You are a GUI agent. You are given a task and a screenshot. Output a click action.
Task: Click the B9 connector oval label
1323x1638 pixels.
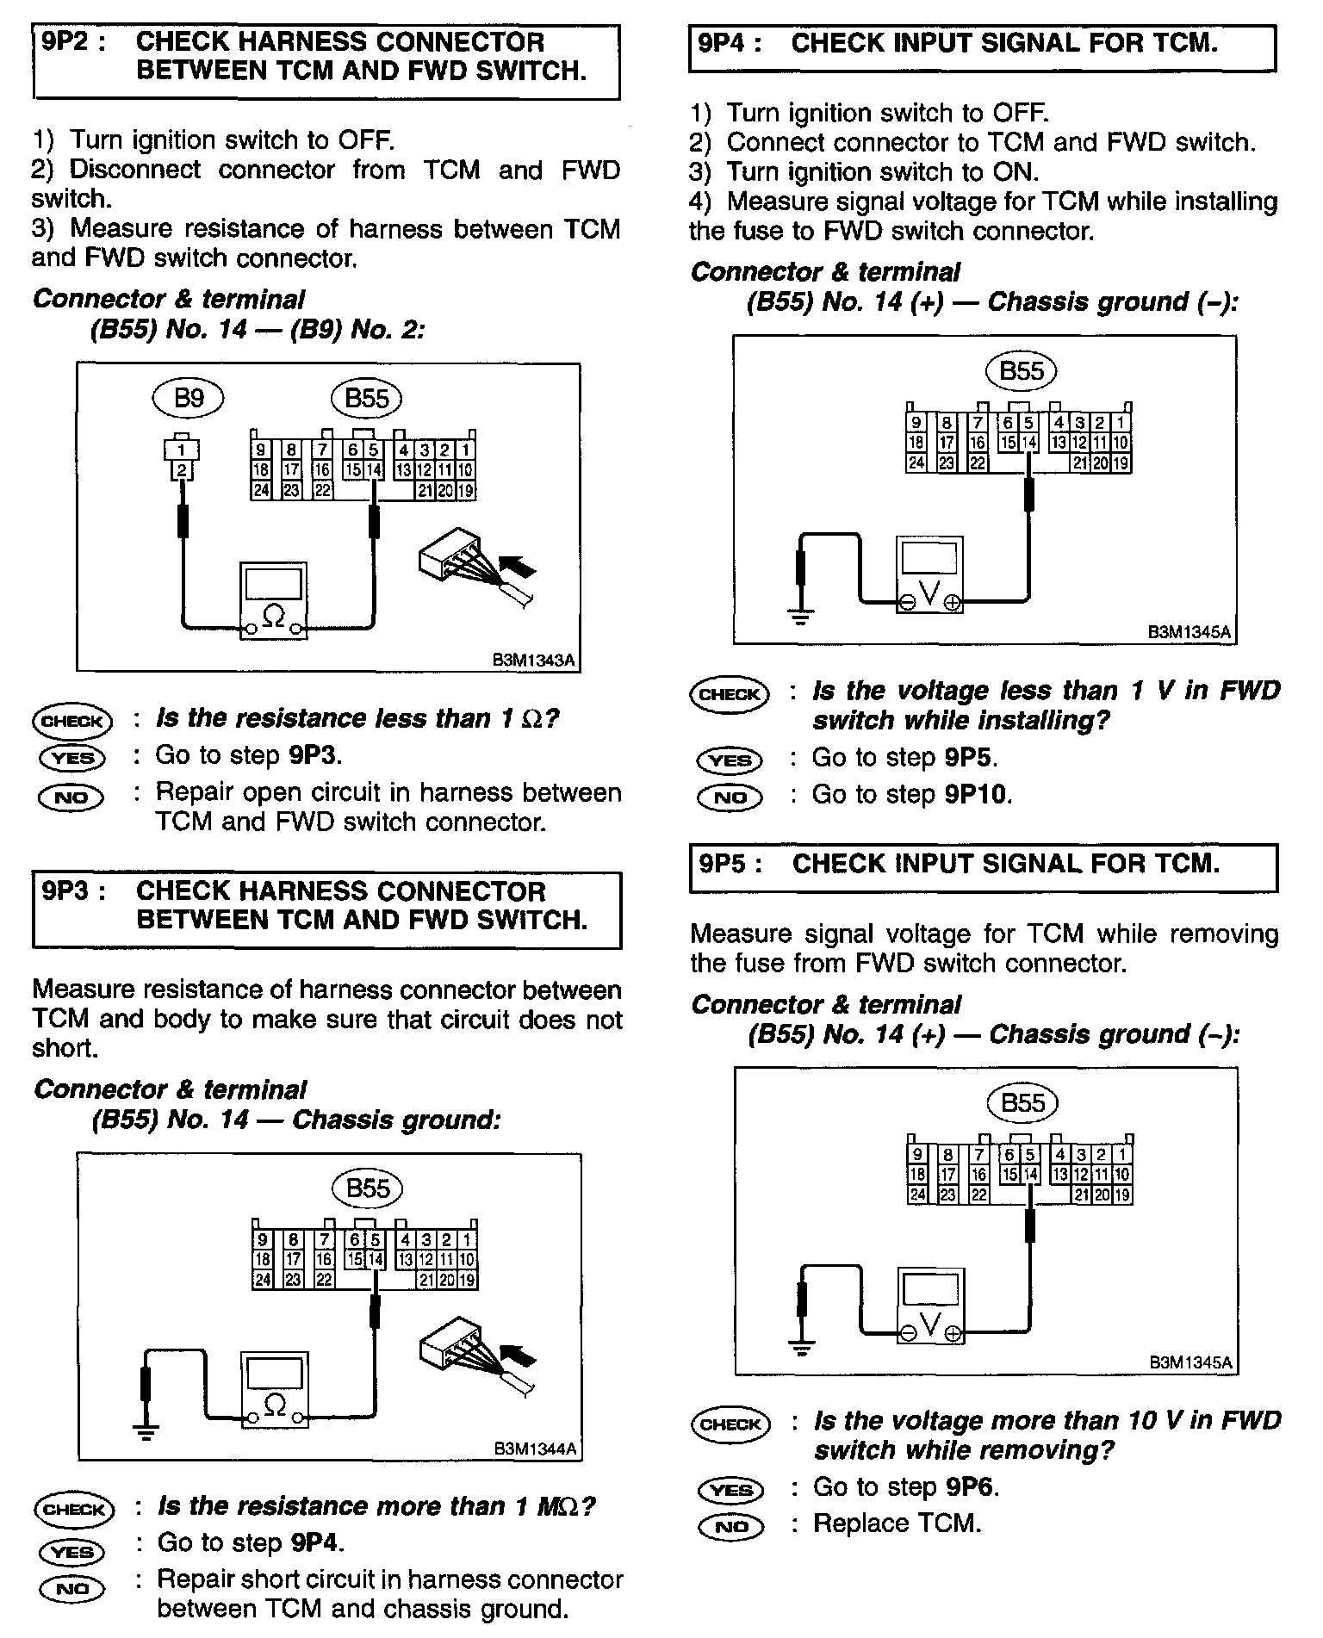pyautogui.click(x=188, y=398)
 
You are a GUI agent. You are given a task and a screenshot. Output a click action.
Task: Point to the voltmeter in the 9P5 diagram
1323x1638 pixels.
pyautogui.click(x=930, y=1306)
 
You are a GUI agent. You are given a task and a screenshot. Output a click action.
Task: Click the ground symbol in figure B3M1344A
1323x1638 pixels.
pyautogui.click(x=146, y=1432)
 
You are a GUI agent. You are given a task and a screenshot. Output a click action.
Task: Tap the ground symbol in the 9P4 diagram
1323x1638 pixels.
pyautogui.click(x=801, y=616)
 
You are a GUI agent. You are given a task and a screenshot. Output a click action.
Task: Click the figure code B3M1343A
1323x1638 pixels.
pyautogui.click(x=532, y=660)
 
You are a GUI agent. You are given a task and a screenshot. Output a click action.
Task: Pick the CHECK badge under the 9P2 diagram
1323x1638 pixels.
pyautogui.click(x=72, y=722)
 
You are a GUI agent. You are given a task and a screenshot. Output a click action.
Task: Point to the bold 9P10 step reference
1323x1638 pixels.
pyautogui.click(x=976, y=794)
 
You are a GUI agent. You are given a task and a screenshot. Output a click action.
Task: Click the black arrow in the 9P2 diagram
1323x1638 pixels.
pyautogui.click(x=517, y=566)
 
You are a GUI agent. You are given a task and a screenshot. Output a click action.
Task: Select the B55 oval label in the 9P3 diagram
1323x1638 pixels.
pyautogui.click(x=368, y=1188)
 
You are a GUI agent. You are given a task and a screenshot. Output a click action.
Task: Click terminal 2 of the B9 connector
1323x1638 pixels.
pyautogui.click(x=182, y=470)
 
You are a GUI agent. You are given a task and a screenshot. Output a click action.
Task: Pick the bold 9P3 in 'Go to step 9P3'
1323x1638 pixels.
pyautogui.click(x=314, y=755)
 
